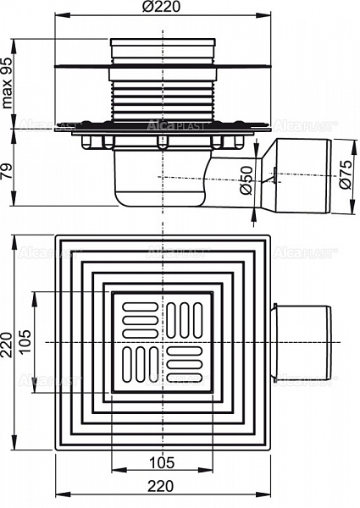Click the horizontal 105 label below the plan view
coord(160,462)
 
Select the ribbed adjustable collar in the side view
coord(160,97)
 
